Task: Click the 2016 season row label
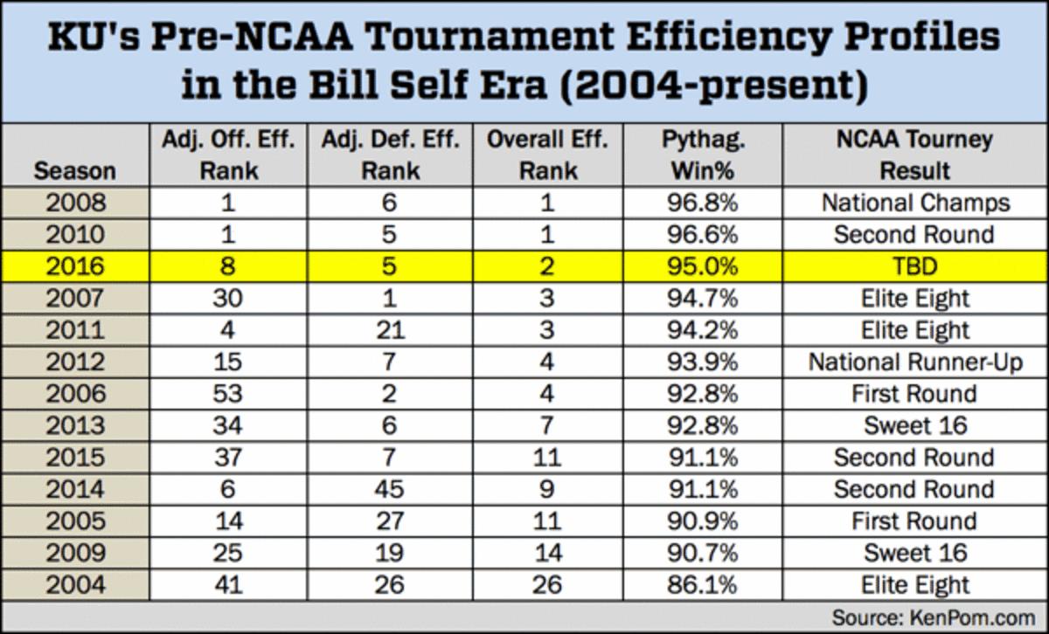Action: click(x=74, y=266)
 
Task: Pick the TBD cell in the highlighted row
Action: click(x=914, y=266)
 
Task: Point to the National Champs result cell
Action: click(x=914, y=203)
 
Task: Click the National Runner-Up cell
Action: click(x=914, y=362)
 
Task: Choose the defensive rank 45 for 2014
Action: click(x=390, y=489)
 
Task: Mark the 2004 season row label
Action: click(x=74, y=584)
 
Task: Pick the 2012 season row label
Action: click(x=74, y=362)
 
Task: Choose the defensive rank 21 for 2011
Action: click(x=390, y=330)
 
